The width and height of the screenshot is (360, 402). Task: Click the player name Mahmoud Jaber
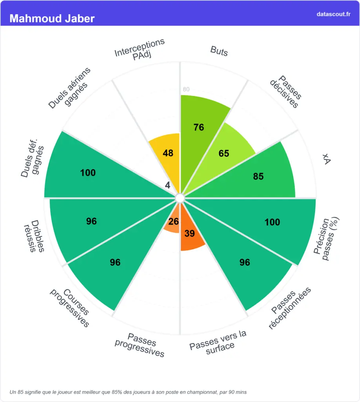click(x=52, y=18)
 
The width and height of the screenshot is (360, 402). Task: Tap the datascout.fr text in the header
click(x=333, y=14)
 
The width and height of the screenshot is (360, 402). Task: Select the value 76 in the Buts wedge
click(x=199, y=127)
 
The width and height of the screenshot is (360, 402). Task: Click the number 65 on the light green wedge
click(x=224, y=153)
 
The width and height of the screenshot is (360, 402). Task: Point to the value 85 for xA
click(x=258, y=176)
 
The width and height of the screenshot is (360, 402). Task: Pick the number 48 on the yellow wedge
click(x=168, y=153)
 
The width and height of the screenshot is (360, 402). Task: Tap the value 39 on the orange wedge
click(x=189, y=233)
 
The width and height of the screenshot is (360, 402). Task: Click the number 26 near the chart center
click(x=173, y=222)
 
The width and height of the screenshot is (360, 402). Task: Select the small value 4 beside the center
click(x=168, y=185)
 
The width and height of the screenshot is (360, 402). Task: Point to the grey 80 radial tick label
click(x=186, y=90)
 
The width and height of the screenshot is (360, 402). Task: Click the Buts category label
click(x=219, y=51)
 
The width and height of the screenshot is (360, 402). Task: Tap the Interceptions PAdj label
click(x=140, y=49)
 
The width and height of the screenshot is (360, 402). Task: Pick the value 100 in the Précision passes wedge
click(x=272, y=222)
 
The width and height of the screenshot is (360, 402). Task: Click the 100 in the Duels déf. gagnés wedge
click(x=88, y=173)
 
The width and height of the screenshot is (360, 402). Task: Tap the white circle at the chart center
click(x=180, y=198)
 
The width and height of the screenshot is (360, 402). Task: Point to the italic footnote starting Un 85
click(x=128, y=392)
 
